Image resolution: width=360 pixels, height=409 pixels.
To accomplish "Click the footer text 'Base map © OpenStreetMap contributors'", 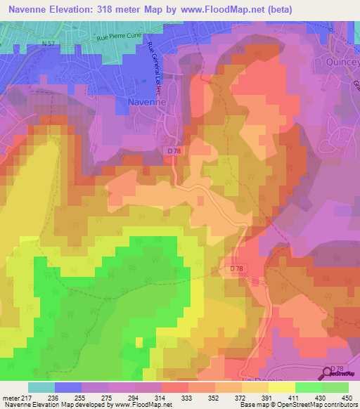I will (297, 405).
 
